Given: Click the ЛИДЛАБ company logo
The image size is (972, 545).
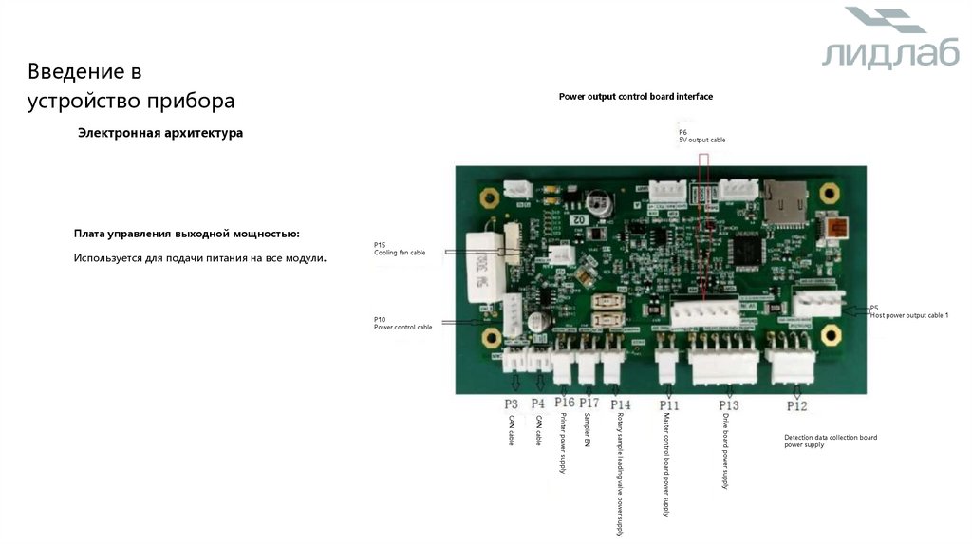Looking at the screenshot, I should (x=889, y=40).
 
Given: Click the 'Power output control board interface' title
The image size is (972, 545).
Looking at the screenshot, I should (x=635, y=97).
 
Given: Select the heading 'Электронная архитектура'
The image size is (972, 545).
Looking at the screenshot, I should (x=160, y=134).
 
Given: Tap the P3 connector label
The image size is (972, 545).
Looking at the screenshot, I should (x=512, y=404).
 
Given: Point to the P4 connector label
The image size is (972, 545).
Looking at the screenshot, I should (x=538, y=404).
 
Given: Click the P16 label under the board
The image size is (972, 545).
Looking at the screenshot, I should (x=565, y=404).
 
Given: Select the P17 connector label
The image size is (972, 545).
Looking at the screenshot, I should (x=589, y=404).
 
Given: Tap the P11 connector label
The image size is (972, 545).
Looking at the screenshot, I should (x=669, y=405).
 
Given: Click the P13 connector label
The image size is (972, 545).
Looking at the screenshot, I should (x=729, y=405).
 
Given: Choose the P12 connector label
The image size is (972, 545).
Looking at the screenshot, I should (x=797, y=405).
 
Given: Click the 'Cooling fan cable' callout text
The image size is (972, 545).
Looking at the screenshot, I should (x=399, y=254).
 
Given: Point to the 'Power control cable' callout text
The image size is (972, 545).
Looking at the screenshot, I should (x=402, y=327).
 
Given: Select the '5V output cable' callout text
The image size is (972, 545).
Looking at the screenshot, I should (x=701, y=140).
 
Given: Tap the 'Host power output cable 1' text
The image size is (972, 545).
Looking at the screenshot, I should (x=909, y=315).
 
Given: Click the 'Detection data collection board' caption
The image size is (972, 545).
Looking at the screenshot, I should (x=830, y=437).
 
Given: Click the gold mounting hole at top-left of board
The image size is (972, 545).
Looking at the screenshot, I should (x=490, y=197).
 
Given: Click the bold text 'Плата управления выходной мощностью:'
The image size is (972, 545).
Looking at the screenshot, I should (x=186, y=234).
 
